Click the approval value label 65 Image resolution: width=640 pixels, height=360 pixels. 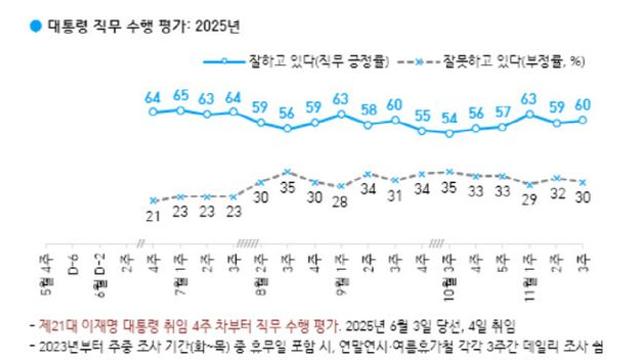(180, 96)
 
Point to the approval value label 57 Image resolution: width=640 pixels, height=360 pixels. (503, 112)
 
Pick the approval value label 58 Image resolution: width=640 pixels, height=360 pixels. (368, 109)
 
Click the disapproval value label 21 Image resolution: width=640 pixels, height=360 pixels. (153, 217)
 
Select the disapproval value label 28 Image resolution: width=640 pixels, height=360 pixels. (341, 203)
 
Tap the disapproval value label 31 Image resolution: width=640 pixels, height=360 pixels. (395, 195)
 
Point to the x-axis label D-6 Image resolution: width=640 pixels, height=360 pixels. (73, 265)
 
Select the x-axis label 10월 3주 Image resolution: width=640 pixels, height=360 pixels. (449, 270)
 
